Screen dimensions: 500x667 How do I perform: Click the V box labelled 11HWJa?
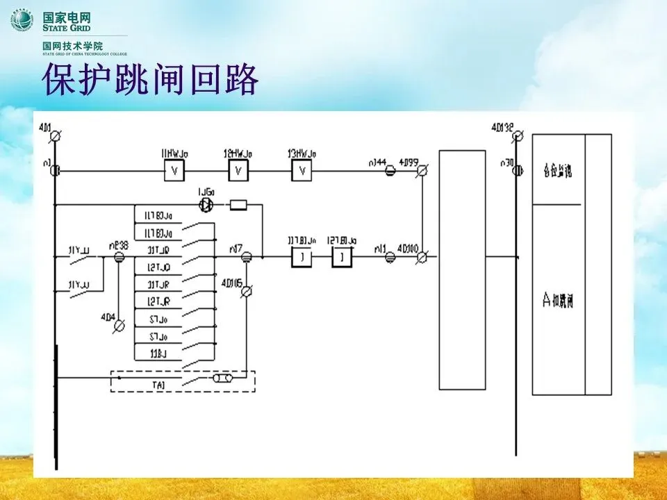tap(174, 171)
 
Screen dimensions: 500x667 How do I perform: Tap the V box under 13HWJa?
tap(302, 171)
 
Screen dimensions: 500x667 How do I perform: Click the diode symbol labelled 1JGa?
tap(205, 205)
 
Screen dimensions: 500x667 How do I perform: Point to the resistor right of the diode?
tap(238, 205)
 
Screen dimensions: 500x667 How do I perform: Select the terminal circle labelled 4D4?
tap(119, 324)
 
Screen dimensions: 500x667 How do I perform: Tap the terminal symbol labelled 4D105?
tap(245, 292)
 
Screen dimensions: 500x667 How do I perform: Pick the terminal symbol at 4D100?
tap(421, 257)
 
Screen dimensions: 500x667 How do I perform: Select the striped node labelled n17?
tap(245, 257)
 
